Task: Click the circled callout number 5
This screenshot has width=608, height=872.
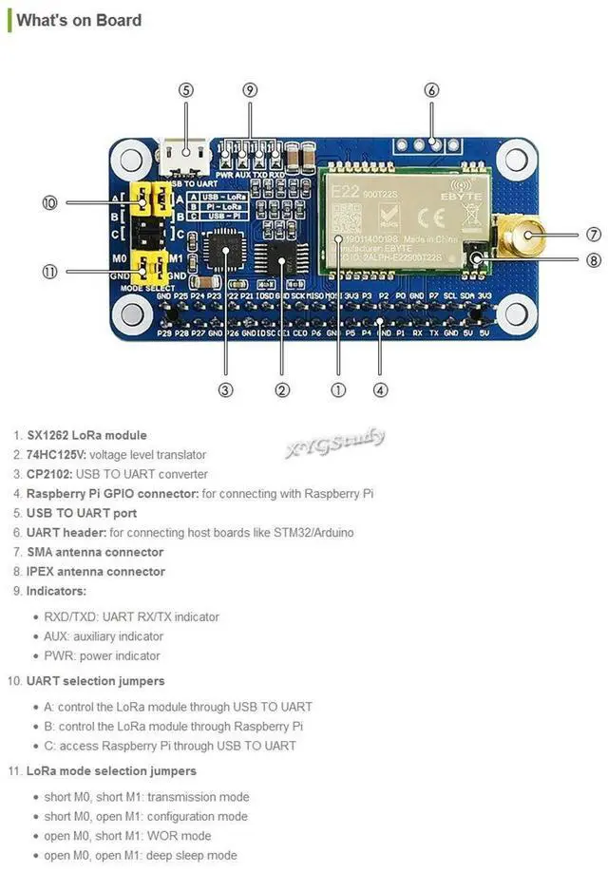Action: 186,90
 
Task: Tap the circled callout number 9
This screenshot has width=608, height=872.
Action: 250,90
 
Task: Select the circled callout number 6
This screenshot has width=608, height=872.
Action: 432,90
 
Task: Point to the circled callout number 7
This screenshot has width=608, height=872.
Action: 593,234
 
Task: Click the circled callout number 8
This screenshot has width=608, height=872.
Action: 593,260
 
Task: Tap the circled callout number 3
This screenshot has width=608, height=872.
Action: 225,389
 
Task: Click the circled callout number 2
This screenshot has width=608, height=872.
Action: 282,389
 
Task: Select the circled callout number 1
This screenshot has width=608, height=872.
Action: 338,389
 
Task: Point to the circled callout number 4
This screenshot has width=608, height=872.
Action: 380,389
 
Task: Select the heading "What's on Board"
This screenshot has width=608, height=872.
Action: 79,20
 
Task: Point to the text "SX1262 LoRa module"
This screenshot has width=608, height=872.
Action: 86,435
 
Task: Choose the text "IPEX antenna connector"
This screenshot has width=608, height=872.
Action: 95,572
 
